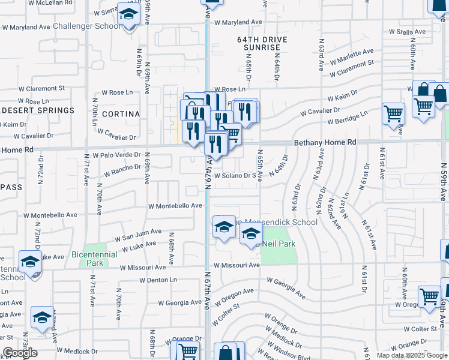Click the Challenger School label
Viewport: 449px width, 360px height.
tap(86, 26)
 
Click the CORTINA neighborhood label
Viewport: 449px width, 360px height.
tap(121, 114)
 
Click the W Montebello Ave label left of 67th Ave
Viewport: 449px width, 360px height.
tap(171, 206)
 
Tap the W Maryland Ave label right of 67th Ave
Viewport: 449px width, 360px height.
tap(238, 22)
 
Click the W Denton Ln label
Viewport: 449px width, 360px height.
tap(158, 280)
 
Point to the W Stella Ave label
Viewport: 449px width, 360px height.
tap(407, 31)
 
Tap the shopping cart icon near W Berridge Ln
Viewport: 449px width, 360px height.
tap(393, 113)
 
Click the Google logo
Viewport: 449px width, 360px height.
tap(20, 353)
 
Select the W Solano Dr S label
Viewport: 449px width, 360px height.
tap(235, 176)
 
